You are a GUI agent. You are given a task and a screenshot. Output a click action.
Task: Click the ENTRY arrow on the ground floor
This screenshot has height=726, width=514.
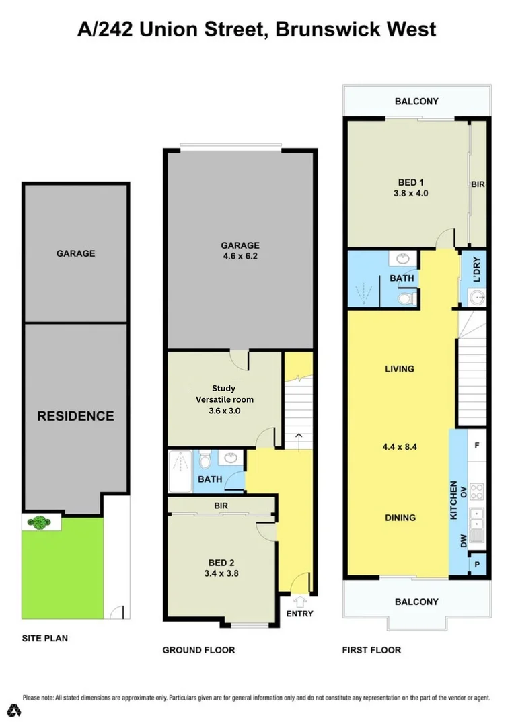(300, 600)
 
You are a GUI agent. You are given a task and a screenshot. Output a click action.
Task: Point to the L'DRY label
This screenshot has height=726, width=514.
(478, 270)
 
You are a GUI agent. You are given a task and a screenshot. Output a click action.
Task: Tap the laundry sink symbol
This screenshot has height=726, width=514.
(477, 296)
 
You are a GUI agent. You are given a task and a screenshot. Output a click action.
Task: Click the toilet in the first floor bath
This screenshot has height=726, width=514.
(405, 297)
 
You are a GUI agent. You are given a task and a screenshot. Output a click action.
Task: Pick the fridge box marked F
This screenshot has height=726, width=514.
(477, 445)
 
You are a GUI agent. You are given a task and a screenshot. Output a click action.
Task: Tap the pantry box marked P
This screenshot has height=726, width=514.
(477, 563)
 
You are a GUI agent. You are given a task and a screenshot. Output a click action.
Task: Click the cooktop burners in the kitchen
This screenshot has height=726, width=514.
(477, 491)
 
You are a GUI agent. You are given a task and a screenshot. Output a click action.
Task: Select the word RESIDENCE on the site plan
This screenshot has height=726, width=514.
(75, 416)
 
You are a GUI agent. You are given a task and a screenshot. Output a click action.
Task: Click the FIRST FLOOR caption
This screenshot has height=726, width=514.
(371, 650)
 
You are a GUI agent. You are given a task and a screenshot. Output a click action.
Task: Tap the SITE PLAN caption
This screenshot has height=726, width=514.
(45, 638)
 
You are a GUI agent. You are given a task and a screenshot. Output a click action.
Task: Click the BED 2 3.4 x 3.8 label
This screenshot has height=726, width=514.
(222, 569)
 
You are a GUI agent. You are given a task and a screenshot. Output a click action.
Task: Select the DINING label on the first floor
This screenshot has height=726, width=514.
(400, 518)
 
